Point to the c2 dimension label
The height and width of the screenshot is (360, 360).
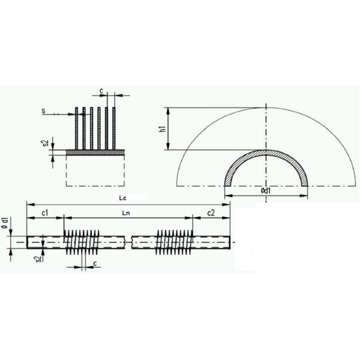[211, 213]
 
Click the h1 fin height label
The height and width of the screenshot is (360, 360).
[162, 129]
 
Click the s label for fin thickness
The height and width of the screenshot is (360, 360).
[44, 112]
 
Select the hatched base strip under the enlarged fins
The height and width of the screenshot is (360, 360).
[95, 153]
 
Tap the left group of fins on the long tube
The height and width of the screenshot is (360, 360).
[81, 242]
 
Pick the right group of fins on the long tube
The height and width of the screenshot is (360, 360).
[173, 242]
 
